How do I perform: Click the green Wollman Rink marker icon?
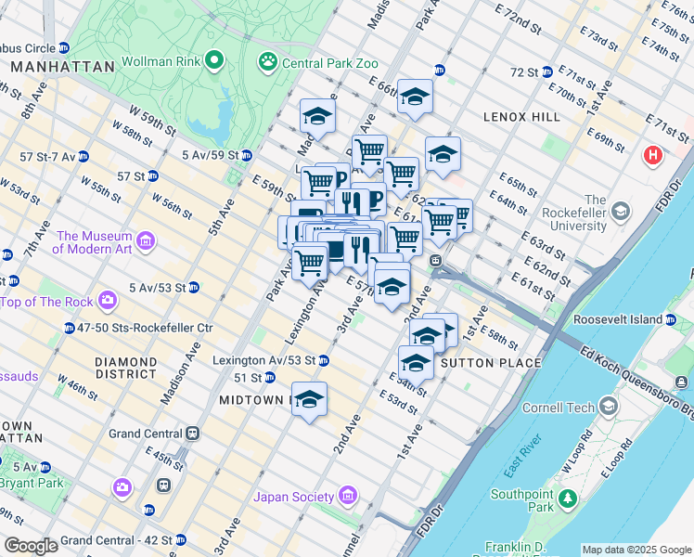[214, 62]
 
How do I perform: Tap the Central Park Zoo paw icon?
[268, 62]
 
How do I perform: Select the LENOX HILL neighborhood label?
[521, 117]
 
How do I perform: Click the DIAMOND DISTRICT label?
[125, 368]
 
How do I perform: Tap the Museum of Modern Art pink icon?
[146, 242]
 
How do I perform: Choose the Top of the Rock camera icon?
[109, 301]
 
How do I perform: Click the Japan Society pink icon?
[348, 496]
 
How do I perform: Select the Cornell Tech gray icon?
[609, 408]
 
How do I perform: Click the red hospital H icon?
[653, 155]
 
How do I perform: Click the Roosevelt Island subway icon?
[670, 319]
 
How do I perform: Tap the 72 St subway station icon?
[547, 71]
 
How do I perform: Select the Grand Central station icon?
[193, 434]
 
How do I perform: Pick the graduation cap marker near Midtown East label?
[310, 399]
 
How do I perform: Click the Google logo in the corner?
[31, 546]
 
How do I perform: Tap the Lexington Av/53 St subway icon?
[324, 359]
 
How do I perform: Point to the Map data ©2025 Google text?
[636, 550]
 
